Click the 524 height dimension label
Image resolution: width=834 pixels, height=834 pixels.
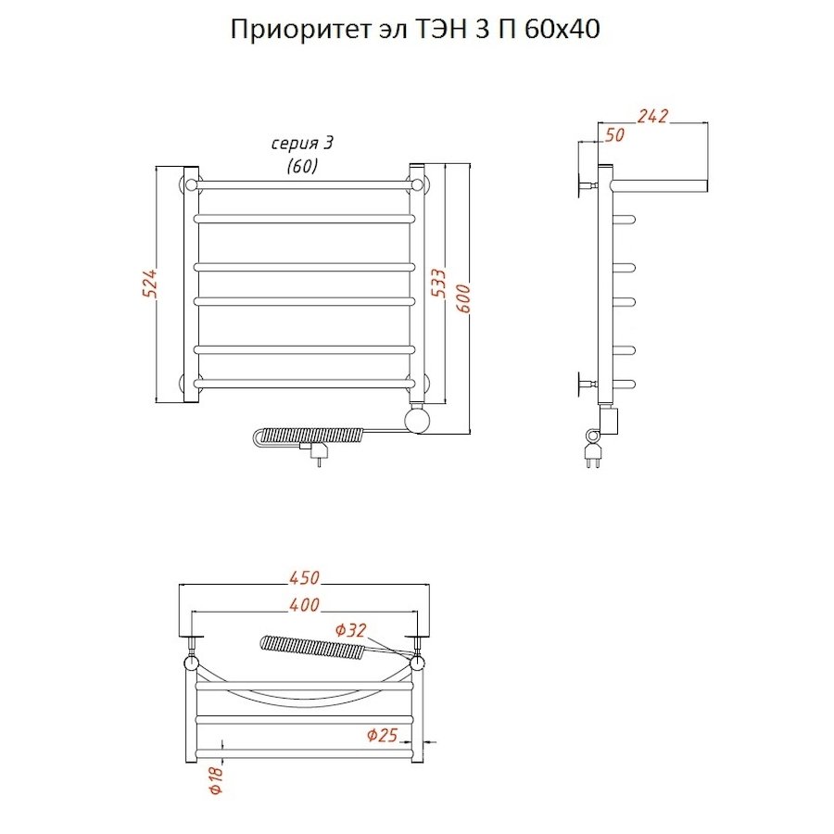pyautogui.click(x=149, y=283)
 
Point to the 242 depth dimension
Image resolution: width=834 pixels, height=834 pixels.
pyautogui.click(x=653, y=116)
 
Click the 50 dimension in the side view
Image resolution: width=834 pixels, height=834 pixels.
pyautogui.click(x=614, y=135)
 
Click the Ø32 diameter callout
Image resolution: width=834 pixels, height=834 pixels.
pyautogui.click(x=351, y=630)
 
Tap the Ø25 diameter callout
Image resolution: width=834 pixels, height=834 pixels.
pyautogui.click(x=382, y=735)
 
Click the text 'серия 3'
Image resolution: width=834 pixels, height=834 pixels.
pyautogui.click(x=301, y=144)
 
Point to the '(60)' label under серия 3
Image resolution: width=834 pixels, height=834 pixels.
pyautogui.click(x=301, y=166)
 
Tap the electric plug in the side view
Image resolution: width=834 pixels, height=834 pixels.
pyautogui.click(x=591, y=455)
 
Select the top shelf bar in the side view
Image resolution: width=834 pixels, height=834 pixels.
pyautogui.click(x=662, y=183)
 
